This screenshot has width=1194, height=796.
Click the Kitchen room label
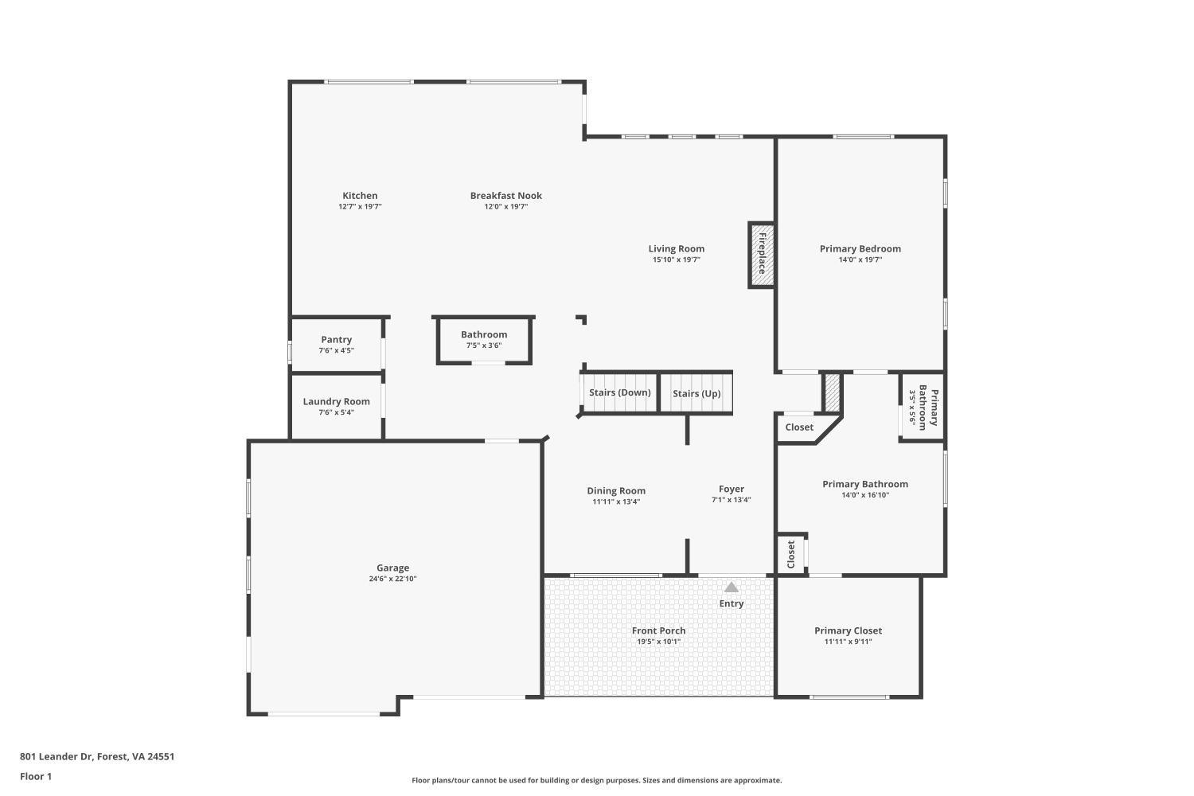(360, 196)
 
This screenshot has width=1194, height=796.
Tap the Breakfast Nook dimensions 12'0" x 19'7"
(505, 207)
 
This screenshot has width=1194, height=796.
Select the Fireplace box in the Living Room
(761, 254)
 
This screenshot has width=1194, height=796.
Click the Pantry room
(336, 344)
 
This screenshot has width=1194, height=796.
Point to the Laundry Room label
(336, 402)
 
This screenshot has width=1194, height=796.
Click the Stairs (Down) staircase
(619, 393)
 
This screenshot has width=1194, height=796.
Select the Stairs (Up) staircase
(696, 393)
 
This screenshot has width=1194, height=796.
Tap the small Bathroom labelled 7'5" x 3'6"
(484, 340)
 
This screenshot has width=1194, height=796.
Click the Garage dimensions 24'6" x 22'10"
(392, 579)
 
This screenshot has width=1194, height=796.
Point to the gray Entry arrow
(731, 587)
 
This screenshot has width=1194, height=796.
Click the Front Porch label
(658, 630)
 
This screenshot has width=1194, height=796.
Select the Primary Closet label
(848, 630)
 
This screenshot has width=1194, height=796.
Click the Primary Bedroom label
(860, 249)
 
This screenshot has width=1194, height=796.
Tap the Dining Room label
(616, 491)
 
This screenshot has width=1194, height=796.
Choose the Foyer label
(731, 490)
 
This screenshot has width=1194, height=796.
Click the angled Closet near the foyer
(799, 427)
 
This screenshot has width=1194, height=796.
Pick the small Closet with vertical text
(791, 554)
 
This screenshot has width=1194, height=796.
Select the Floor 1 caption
(36, 776)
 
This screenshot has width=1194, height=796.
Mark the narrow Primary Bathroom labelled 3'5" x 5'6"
(923, 407)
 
